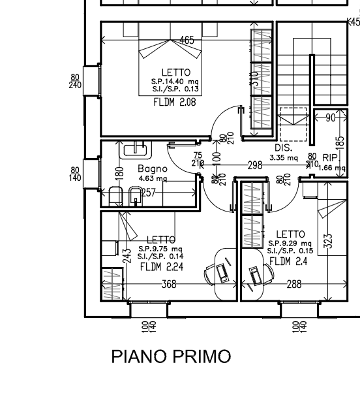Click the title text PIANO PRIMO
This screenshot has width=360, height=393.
point(171,356)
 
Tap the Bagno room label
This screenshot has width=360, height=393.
point(152,168)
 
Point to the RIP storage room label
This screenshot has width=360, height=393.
point(330,157)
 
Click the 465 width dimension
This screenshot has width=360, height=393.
point(187,40)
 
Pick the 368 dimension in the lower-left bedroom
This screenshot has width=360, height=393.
point(169,284)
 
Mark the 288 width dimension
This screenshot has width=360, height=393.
point(294,284)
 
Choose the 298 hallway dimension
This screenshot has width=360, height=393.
point(254,166)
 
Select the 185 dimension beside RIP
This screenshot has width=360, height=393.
point(339,142)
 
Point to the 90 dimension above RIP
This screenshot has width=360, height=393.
point(330,118)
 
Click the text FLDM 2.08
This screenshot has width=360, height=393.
point(174,102)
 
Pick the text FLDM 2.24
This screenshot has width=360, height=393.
point(160,266)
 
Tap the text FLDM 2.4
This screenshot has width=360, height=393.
point(288,261)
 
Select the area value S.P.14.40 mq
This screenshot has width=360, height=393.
point(175,82)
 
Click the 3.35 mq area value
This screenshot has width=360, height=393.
point(283,157)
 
